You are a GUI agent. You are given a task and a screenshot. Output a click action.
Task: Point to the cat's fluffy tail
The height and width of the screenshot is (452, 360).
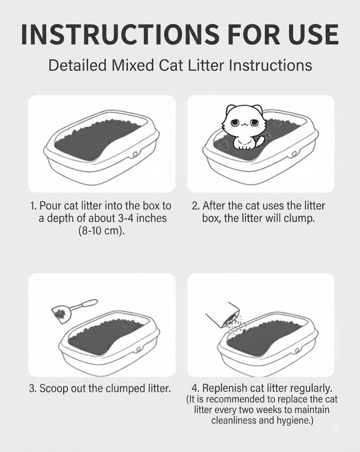(261, 142)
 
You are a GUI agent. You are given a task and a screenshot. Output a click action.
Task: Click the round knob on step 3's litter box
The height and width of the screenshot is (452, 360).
(139, 350)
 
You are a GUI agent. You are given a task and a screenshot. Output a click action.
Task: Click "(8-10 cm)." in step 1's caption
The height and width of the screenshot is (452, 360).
(101, 231)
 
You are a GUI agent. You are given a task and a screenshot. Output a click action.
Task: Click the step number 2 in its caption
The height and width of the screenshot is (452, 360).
(195, 206)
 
